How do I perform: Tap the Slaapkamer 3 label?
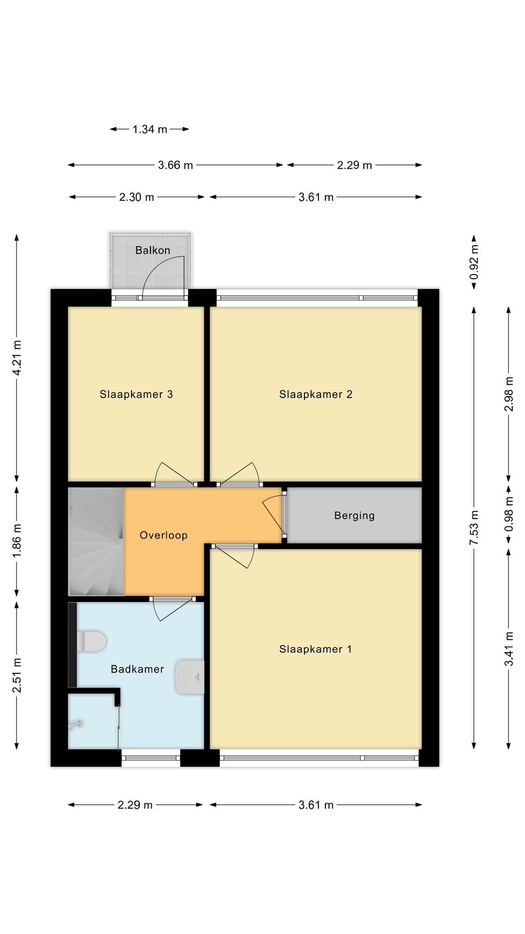[x=136, y=394]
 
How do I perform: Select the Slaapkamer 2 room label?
[x=316, y=394]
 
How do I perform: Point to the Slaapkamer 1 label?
[x=316, y=649]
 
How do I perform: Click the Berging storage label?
[x=355, y=516]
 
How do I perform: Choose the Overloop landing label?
[x=164, y=535]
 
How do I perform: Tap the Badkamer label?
[x=137, y=669]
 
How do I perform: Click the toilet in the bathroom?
[x=91, y=641]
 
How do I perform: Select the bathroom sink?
[x=190, y=677]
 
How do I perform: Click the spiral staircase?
[x=96, y=542]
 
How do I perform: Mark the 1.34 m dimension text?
[x=150, y=130]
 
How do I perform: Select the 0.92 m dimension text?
[x=474, y=262]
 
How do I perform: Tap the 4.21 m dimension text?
[x=17, y=358]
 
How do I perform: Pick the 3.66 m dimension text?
[x=175, y=165]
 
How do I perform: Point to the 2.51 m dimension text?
[x=17, y=675]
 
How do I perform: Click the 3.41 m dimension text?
[x=509, y=649]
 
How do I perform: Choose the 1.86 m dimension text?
[x=17, y=541]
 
